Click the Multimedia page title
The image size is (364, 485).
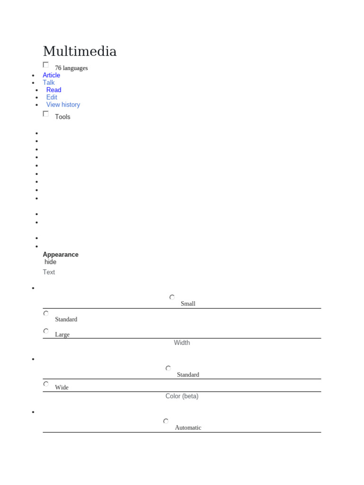coord(80,51)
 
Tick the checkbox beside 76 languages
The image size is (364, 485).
coord(46,65)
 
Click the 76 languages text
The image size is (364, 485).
coord(71,68)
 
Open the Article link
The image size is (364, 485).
coord(51,75)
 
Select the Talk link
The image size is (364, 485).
coord(49,82)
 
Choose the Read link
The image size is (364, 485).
coord(54,90)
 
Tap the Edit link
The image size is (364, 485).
coord(52,97)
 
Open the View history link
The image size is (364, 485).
coord(63,105)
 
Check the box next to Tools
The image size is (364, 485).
coord(46,114)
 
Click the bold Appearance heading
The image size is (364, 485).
coord(61,255)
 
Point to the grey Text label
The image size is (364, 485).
coord(49,272)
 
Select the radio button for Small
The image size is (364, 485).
coord(172,297)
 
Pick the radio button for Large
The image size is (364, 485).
coord(46,331)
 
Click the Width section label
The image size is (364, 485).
coord(182,343)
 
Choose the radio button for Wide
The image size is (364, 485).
coord(46,384)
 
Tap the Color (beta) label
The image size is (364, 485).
coord(182,396)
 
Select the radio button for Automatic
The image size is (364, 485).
coord(166,421)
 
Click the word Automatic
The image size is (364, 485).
coord(188,428)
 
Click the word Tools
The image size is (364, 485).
coord(63,117)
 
